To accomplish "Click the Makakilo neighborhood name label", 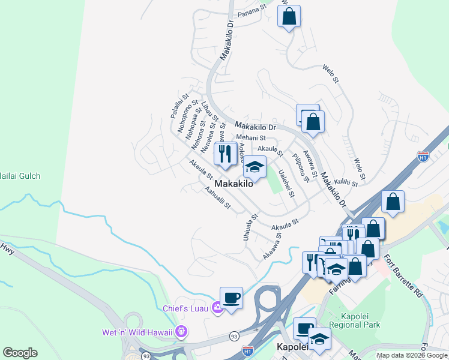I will point(234,184).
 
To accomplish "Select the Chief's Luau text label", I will point(185,308).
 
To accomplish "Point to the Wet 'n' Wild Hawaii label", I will point(137,332).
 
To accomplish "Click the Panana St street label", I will point(251,9).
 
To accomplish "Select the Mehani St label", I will point(251,138).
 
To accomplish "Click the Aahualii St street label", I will point(217,198).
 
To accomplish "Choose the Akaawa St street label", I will point(272,247).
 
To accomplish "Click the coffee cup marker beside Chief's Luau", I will point(231,298).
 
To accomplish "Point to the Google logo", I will point(20,353).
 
